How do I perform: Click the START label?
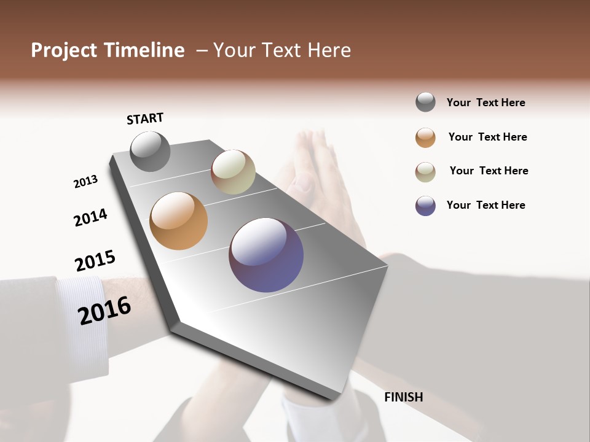click(145, 118)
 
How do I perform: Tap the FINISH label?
click(404, 397)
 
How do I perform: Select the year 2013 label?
click(85, 182)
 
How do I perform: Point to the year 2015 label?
click(95, 261)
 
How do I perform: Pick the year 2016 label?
click(104, 311)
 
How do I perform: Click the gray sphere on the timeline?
click(150, 151)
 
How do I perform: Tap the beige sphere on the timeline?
click(233, 172)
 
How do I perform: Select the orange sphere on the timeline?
click(179, 221)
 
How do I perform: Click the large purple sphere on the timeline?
click(266, 254)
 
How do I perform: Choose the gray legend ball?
click(425, 102)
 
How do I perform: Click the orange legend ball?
click(425, 138)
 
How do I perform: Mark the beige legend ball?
click(425, 172)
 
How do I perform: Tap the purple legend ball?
click(425, 206)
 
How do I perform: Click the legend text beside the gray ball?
click(486, 103)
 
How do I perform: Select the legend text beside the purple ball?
click(486, 205)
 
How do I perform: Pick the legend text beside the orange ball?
click(487, 137)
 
